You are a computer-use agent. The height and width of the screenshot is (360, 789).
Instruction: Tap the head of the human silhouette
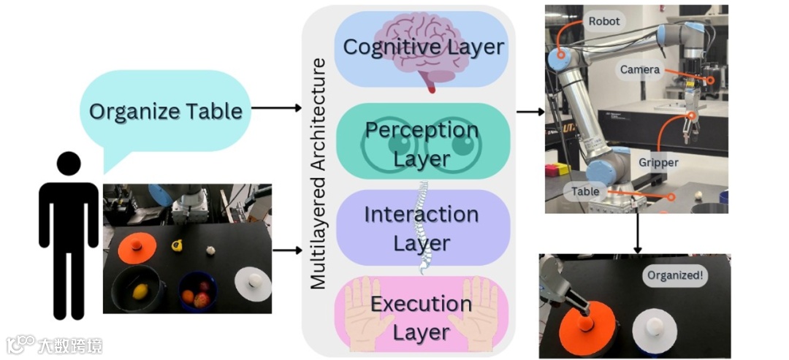click(x=69, y=164)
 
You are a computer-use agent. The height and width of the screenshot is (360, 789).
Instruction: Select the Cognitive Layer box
click(x=423, y=47)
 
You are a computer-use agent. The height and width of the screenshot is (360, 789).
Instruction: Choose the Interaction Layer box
click(x=422, y=228)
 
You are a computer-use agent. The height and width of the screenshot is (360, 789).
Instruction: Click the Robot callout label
click(x=603, y=22)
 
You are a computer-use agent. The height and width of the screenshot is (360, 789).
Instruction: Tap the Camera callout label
click(x=640, y=70)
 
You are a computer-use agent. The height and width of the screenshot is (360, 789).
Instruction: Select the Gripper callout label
click(x=657, y=162)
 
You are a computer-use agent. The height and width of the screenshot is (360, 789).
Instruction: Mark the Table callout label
click(x=585, y=192)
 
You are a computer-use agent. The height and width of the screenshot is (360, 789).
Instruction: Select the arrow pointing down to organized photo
click(x=638, y=232)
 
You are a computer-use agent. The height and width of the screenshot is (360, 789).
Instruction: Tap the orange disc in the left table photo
click(x=137, y=247)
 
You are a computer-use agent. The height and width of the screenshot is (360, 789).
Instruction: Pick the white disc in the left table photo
click(x=253, y=284)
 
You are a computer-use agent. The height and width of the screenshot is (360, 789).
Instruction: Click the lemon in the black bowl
click(x=140, y=291)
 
